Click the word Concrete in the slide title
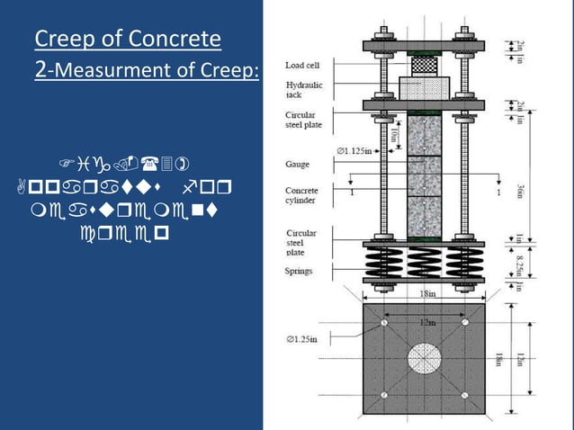point(172,39)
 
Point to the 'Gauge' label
point(298,165)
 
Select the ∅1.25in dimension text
point(304,339)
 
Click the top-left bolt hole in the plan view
point(384,322)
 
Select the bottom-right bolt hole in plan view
point(465,396)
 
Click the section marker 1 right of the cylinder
point(498,193)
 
